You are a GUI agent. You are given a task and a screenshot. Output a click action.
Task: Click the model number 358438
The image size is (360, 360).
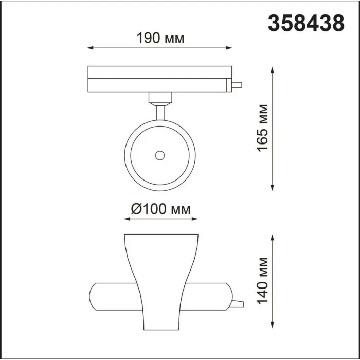pyautogui.click(x=306, y=23)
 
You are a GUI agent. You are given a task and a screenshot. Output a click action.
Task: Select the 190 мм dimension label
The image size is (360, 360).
pyautogui.click(x=160, y=38)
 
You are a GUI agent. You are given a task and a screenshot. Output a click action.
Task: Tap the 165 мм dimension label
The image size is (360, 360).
pyautogui.click(x=262, y=128)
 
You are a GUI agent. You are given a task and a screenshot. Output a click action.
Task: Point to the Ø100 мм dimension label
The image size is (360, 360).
pyautogui.click(x=160, y=209)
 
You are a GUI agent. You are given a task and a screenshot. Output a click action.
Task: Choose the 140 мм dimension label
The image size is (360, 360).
pyautogui.click(x=262, y=281)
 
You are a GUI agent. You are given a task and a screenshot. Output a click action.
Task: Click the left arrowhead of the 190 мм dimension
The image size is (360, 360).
pyautogui.click(x=90, y=48)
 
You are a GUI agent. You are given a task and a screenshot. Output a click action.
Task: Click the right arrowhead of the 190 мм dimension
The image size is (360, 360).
pyautogui.click(x=229, y=48)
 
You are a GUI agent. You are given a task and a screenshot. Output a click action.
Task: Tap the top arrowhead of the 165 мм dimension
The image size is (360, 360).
pyautogui.click(x=272, y=70)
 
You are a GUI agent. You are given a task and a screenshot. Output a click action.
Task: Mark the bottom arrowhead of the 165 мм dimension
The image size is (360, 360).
pyautogui.click(x=272, y=188)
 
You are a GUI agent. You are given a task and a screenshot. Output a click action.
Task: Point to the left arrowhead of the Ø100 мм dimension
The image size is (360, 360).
pyautogui.click(x=127, y=219)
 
